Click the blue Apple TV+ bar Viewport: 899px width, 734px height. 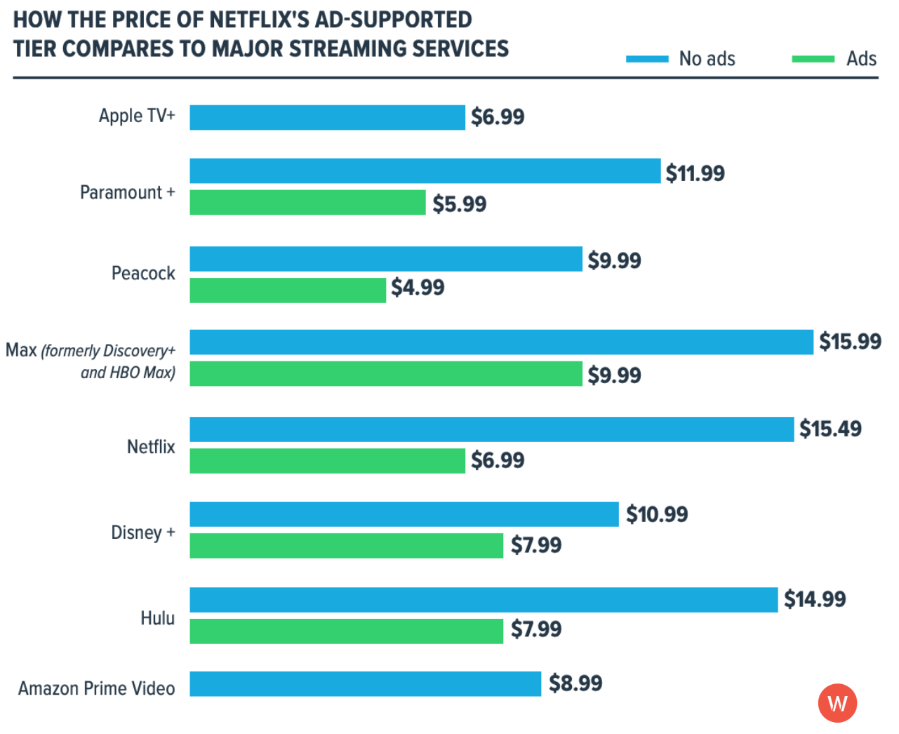click(x=327, y=117)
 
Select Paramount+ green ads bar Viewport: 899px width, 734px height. click(x=307, y=203)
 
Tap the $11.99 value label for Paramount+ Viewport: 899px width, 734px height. click(x=695, y=173)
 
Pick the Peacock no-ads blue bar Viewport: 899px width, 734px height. click(x=386, y=259)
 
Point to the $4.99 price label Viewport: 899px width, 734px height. click(x=418, y=288)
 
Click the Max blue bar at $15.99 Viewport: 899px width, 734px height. click(x=501, y=342)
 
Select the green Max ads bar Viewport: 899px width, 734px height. click(x=386, y=374)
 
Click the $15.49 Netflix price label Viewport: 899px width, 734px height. click(x=830, y=429)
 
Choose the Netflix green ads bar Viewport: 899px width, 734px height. click(x=327, y=461)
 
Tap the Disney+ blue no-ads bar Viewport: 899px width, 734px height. click(x=404, y=514)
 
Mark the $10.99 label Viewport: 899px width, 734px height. click(x=657, y=514)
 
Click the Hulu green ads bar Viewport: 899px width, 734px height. click(x=346, y=631)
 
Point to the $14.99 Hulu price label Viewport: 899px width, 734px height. click(x=815, y=599)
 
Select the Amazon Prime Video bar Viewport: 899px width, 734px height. click(x=365, y=684)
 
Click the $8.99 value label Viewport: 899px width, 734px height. click(x=575, y=683)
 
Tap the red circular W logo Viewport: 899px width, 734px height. click(x=837, y=703)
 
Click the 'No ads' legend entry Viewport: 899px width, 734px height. click(x=706, y=59)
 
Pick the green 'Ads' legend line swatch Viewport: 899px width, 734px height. click(x=813, y=59)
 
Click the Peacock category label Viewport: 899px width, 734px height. click(x=143, y=273)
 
